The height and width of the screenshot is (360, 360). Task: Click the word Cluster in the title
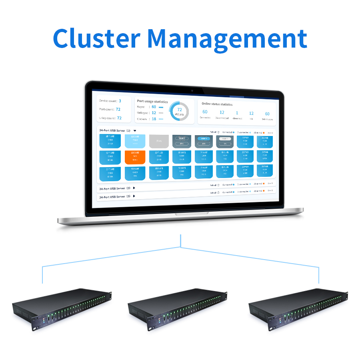(96, 38)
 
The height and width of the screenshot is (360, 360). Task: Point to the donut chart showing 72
(179, 110)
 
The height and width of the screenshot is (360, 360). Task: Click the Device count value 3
(120, 101)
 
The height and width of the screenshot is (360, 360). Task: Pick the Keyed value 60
(154, 107)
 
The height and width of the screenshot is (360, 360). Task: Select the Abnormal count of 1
(237, 113)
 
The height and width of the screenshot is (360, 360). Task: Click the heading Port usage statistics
(152, 101)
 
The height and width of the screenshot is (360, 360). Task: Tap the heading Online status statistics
(217, 104)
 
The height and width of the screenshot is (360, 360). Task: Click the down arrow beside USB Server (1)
(135, 130)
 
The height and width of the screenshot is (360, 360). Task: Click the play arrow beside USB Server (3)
(134, 196)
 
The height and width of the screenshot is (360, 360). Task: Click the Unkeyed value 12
(154, 113)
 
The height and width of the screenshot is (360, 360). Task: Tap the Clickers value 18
(154, 119)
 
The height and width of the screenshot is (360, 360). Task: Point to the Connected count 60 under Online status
(205, 112)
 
